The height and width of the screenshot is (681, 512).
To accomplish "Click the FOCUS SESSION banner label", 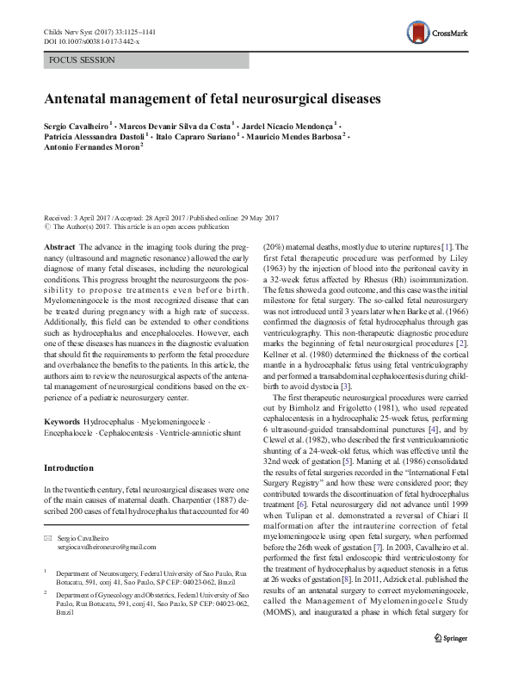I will (x=73, y=63).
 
